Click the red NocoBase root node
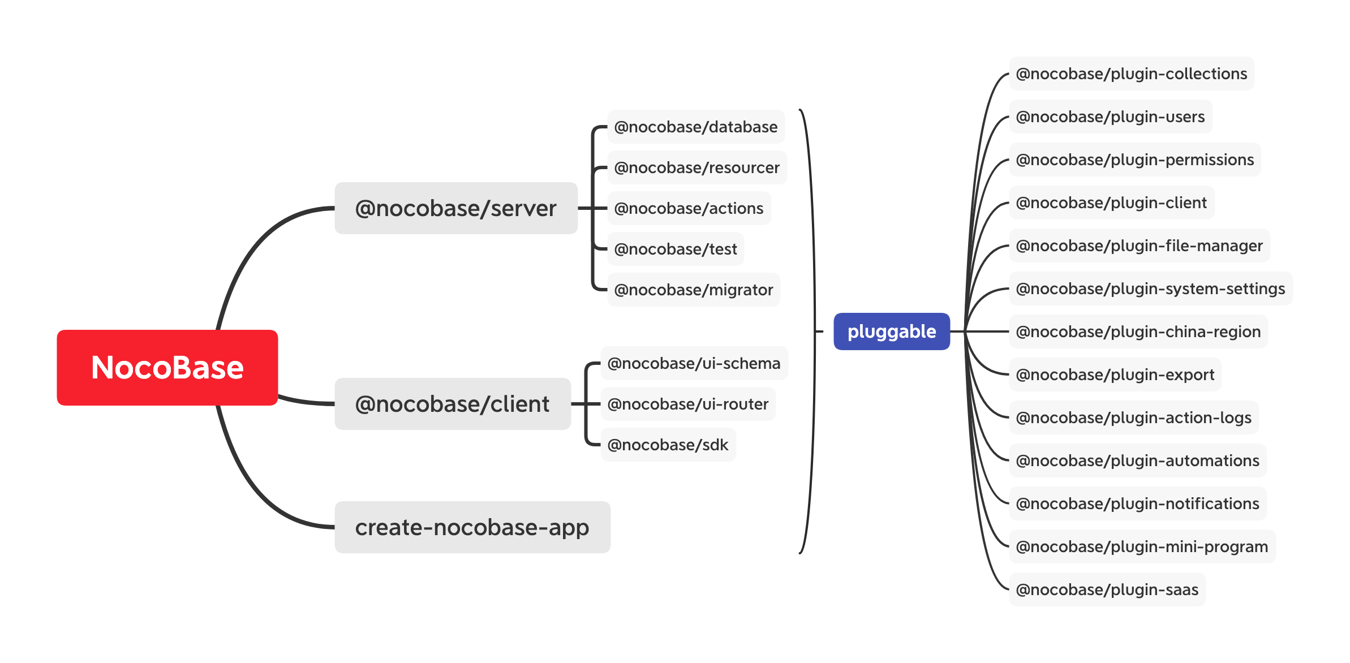tap(167, 368)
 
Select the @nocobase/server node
tap(456, 208)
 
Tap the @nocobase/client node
tap(453, 404)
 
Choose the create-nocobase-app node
tap(472, 527)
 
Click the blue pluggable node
tap(892, 331)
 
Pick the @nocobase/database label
tap(696, 127)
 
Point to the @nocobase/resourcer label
tap(697, 167)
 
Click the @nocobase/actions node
tap(689, 208)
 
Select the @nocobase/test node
tap(676, 249)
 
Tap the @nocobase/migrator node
tap(694, 290)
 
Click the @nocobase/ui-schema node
tap(694, 363)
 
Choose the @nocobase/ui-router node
tap(688, 404)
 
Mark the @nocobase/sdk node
tap(668, 445)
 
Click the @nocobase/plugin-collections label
tap(1132, 74)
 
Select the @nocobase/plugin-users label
tap(1111, 117)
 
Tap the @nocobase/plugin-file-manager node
tap(1140, 246)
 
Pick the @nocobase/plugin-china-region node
tap(1138, 331)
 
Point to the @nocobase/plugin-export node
tap(1115, 374)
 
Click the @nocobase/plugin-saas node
tap(1107, 589)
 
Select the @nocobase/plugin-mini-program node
tap(1142, 546)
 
